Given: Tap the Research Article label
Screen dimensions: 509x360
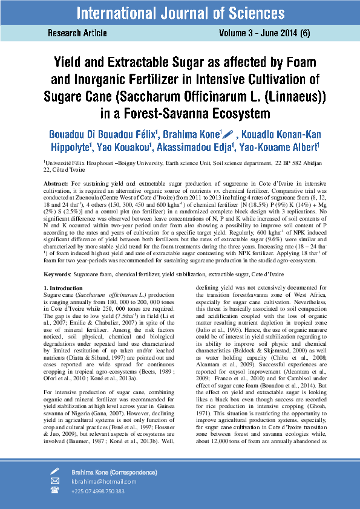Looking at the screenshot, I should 77,33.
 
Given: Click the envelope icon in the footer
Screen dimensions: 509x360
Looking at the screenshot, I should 55,481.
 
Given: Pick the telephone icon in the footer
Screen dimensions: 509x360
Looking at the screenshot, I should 55,491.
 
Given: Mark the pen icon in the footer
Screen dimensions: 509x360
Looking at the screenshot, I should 55,471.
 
